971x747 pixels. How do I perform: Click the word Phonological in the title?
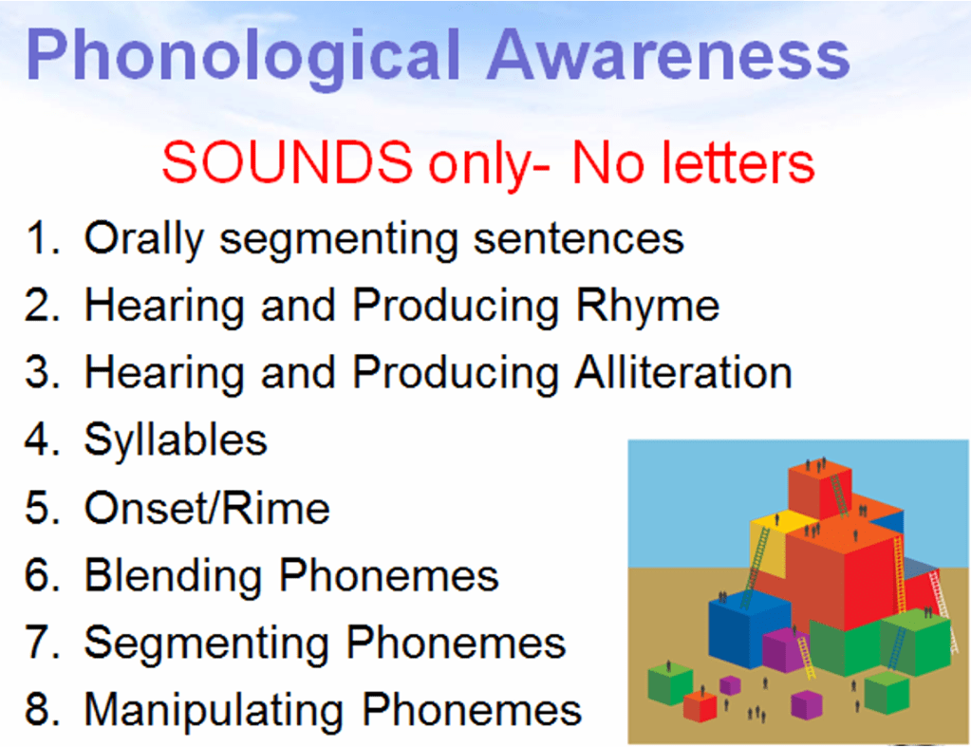[243, 57]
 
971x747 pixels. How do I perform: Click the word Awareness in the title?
[668, 54]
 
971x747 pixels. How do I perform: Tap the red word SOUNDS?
[287, 161]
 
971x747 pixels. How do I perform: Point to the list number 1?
[41, 238]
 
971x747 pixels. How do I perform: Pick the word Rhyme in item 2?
[647, 308]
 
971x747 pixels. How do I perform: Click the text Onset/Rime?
[207, 508]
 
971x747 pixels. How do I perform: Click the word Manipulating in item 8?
[214, 711]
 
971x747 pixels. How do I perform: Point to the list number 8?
[42, 709]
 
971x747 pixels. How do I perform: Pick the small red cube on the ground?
[700, 705]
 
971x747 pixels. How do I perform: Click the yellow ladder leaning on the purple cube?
[805, 658]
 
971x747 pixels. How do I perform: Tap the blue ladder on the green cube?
[897, 647]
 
